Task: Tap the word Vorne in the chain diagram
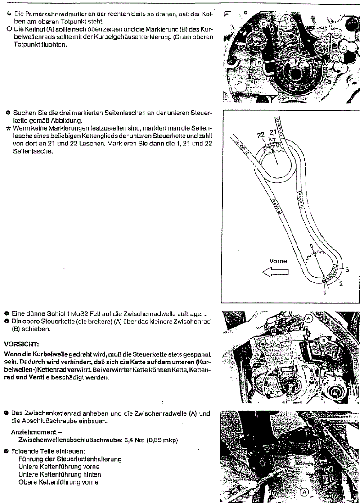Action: pyautogui.click(x=278, y=261)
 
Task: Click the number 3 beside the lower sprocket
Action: pyautogui.click(x=347, y=269)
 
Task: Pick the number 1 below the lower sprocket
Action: pyautogui.click(x=325, y=292)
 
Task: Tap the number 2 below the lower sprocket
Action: pyautogui.click(x=341, y=284)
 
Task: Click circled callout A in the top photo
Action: pyautogui.click(x=344, y=47)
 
